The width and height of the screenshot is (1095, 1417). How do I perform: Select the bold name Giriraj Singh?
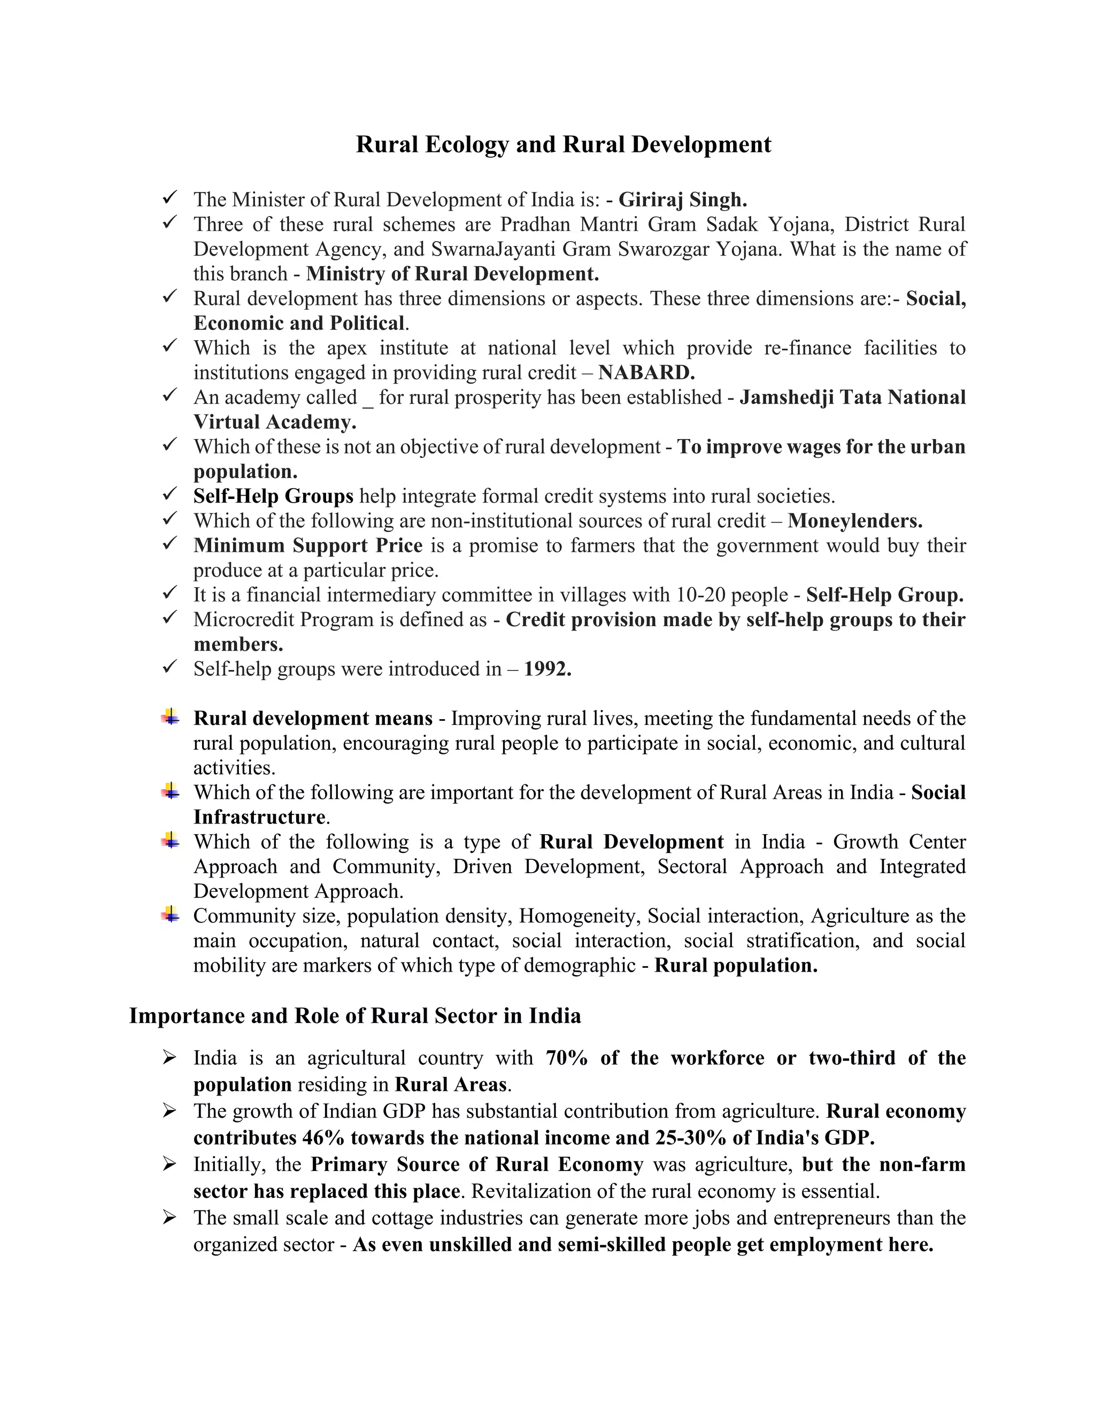[x=682, y=200]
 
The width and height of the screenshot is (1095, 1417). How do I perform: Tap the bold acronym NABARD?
[x=646, y=372]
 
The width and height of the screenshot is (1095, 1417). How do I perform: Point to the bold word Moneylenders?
[x=854, y=521]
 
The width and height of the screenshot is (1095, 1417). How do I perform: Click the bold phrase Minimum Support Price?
[x=308, y=545]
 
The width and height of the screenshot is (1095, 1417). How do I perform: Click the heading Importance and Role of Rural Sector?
[x=355, y=1015]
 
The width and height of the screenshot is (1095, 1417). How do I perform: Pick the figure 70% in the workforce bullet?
[x=566, y=1058]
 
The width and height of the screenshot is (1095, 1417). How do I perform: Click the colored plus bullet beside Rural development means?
[x=171, y=717]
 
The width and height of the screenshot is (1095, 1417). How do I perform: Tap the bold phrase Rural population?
[x=735, y=965]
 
